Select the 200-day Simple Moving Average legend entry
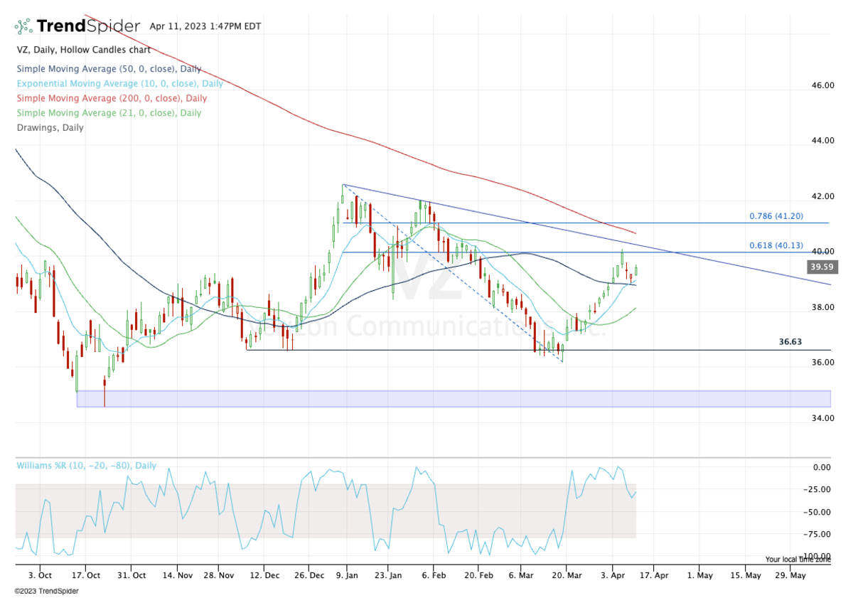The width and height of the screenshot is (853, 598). coord(112,98)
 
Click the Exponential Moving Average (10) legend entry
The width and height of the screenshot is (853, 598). coord(119,83)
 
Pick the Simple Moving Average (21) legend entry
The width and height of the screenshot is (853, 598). coord(109,112)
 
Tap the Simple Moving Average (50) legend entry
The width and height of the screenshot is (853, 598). coord(109,69)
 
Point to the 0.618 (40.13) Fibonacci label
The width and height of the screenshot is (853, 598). coord(776,245)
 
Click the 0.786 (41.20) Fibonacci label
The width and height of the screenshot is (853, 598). coord(776,216)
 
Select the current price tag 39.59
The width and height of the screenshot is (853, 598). coord(820,267)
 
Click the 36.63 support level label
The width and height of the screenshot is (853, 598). coord(790,342)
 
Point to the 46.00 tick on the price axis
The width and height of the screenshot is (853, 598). coord(823,85)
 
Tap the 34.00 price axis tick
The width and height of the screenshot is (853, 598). coord(823,418)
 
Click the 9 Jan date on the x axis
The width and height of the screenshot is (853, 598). coord(347,575)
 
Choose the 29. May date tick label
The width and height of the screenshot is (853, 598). coord(790,575)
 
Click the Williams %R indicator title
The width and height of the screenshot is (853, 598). coord(86,466)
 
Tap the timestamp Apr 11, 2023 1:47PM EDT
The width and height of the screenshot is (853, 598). coord(205,26)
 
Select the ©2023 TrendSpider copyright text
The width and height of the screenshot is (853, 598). coord(46,591)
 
